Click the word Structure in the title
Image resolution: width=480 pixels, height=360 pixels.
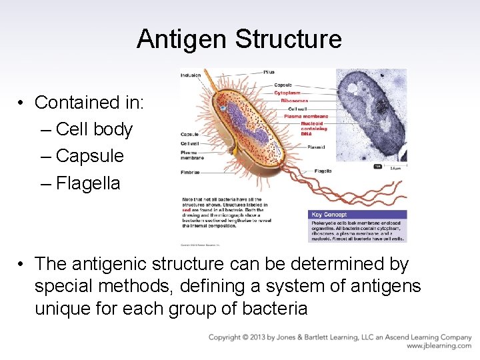[x=288, y=39]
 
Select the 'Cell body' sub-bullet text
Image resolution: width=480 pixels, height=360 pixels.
[x=94, y=129]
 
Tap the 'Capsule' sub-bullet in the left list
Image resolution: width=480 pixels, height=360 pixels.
[x=90, y=156]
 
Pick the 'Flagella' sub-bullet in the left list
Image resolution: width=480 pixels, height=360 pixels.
[x=88, y=183]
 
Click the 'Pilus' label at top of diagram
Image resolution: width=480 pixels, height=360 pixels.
[x=269, y=72]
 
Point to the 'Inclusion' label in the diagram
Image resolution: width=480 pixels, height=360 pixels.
[x=190, y=75]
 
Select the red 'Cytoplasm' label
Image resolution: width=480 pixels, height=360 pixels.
[x=287, y=93]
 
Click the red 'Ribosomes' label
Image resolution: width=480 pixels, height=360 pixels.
[x=294, y=100]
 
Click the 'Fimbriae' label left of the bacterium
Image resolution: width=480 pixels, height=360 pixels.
[x=190, y=173]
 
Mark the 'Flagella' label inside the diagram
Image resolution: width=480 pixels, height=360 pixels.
[x=323, y=171]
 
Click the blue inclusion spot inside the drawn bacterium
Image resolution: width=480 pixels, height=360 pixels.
[x=224, y=106]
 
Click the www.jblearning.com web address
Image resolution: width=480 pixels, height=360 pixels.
[x=439, y=346]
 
